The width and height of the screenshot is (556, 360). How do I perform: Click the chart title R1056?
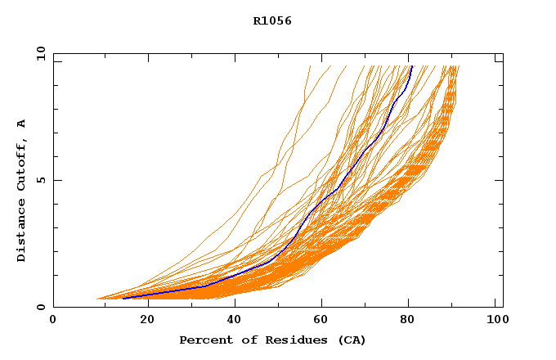pyautogui.click(x=272, y=21)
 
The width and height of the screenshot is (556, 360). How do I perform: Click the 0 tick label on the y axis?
pyautogui.click(x=41, y=307)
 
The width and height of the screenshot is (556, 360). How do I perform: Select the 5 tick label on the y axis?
pyautogui.click(x=41, y=180)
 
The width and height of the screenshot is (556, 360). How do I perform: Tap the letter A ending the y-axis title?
pyautogui.click(x=21, y=123)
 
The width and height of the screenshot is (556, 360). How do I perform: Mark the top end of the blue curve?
pyautogui.click(x=412, y=66)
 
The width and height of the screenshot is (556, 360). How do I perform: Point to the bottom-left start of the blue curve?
pyautogui.click(x=123, y=299)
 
